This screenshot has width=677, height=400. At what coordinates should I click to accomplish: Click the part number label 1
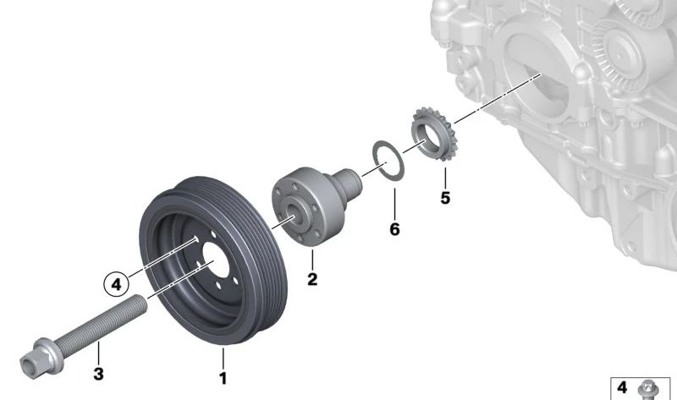click(223, 379)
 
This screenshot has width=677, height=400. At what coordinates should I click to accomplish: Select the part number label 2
click(312, 278)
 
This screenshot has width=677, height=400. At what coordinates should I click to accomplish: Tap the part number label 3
click(98, 373)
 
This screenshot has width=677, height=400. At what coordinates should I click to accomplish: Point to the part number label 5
click(445, 199)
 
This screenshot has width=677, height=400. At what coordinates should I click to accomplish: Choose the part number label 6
click(394, 229)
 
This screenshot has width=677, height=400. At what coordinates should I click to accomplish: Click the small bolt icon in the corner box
click(648, 388)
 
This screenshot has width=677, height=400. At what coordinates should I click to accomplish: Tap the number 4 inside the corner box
click(622, 388)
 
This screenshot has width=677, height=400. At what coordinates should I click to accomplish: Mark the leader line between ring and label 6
click(393, 198)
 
